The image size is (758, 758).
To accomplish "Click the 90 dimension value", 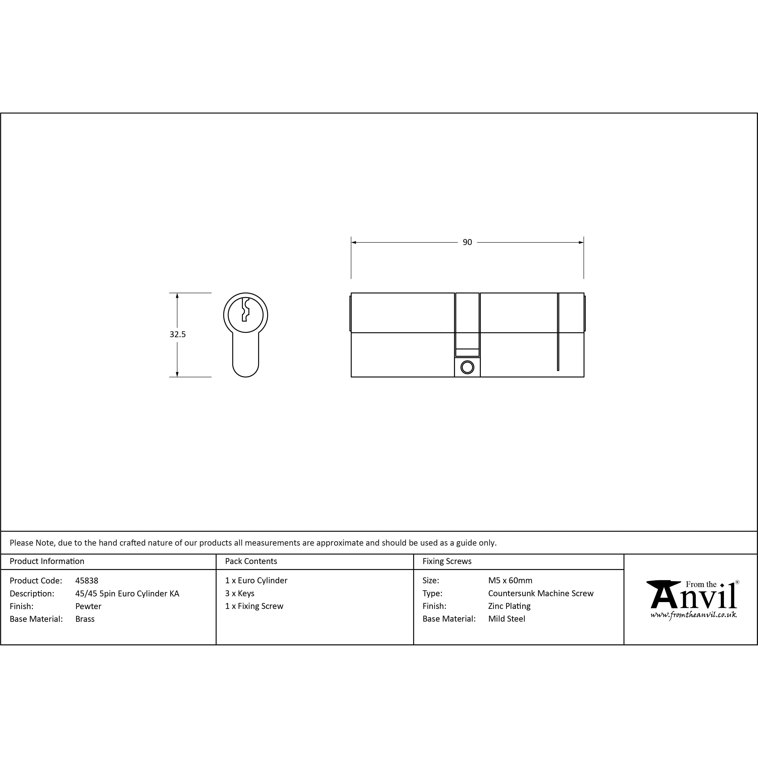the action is pyautogui.click(x=467, y=242).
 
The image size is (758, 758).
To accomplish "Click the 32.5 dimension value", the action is pyautogui.click(x=178, y=334).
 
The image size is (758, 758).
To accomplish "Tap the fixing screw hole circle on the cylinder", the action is pyautogui.click(x=467, y=367).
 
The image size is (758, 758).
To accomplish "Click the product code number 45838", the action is pyautogui.click(x=87, y=581).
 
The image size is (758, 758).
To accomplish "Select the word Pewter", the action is pyautogui.click(x=88, y=606).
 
